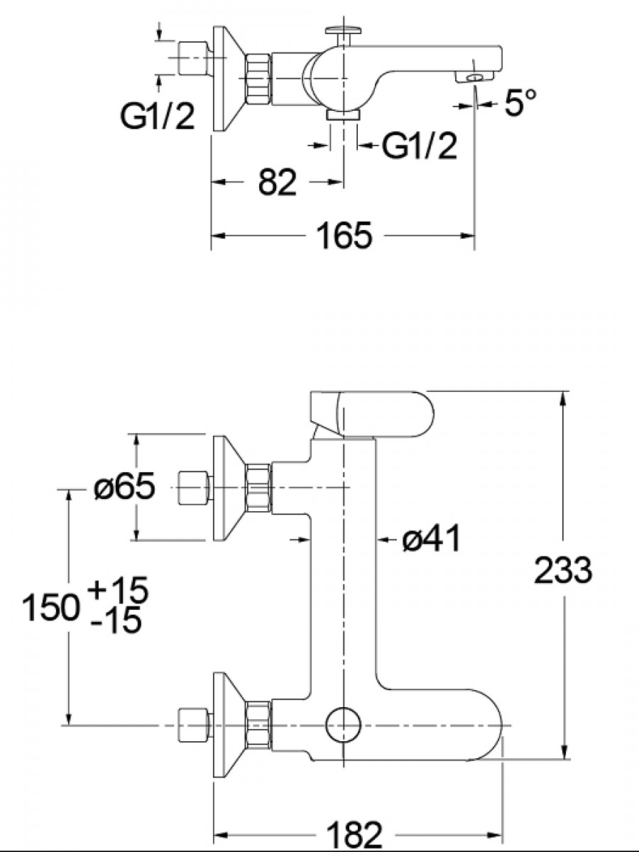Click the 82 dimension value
(x=277, y=182)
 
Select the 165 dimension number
(x=344, y=235)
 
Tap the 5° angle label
(x=520, y=102)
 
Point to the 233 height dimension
(x=563, y=570)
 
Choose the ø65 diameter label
(x=124, y=486)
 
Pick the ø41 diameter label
(x=431, y=538)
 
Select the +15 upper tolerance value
(x=119, y=589)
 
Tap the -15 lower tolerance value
(x=116, y=621)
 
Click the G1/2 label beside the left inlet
(x=157, y=116)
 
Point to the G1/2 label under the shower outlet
(x=420, y=146)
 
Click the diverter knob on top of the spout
(x=344, y=35)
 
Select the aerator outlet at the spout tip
(x=474, y=77)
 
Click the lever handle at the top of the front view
(x=371, y=415)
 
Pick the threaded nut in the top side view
(x=258, y=79)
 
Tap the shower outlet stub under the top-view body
(x=344, y=114)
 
